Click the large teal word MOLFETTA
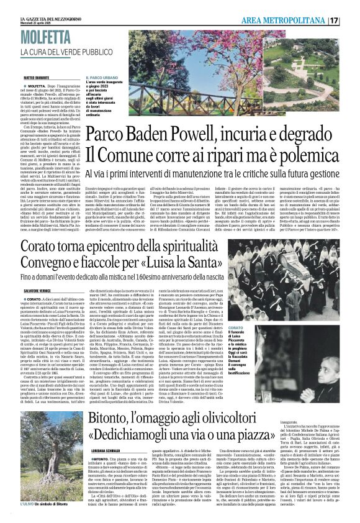tap(45, 36)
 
